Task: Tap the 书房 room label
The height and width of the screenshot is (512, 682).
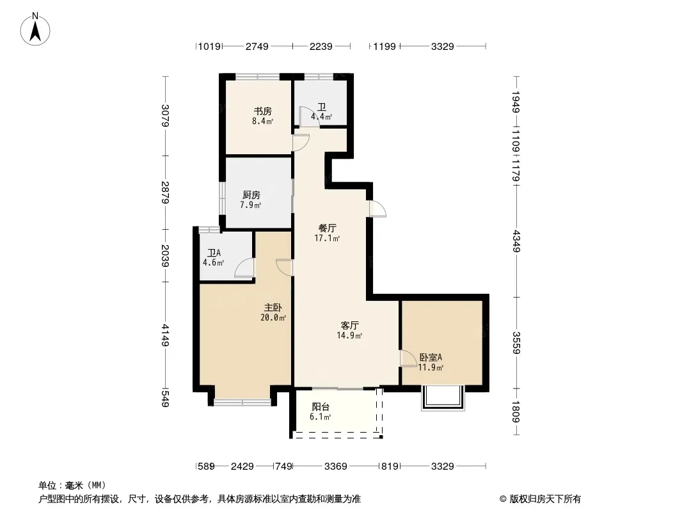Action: [x=263, y=111]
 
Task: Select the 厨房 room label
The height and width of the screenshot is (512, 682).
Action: [x=251, y=195]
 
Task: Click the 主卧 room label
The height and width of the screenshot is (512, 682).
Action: [x=273, y=308]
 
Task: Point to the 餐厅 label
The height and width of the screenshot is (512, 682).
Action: [x=327, y=228]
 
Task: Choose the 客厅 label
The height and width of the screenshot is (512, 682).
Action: [x=350, y=325]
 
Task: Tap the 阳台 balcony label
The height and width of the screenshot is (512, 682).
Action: [x=321, y=407]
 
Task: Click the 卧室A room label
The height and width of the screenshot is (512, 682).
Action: [x=431, y=358]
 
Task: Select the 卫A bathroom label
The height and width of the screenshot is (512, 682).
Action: [x=214, y=253]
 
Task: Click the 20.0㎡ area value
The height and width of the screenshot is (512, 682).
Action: [x=273, y=317]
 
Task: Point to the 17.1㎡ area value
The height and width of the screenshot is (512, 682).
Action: [x=327, y=238]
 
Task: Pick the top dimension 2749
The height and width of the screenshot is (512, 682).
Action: [x=257, y=46]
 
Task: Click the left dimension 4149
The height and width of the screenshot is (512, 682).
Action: [x=165, y=335]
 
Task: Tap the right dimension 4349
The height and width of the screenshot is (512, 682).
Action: [x=516, y=241]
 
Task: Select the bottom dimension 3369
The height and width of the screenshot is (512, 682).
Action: [x=336, y=467]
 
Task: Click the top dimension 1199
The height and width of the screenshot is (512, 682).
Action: [x=385, y=46]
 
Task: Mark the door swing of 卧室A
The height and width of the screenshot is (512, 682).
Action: [x=408, y=359]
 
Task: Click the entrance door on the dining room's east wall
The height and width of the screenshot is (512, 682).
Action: [x=377, y=209]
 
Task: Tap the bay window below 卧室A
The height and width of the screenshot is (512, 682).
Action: [x=443, y=398]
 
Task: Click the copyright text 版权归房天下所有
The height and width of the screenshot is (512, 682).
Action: [x=545, y=499]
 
